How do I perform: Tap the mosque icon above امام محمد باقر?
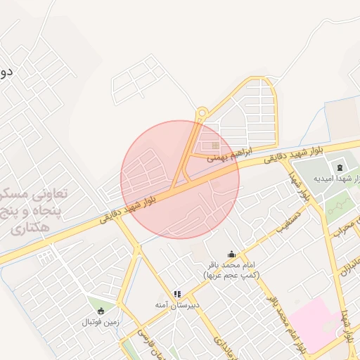(x=231, y=255)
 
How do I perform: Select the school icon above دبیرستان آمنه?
(x=177, y=294)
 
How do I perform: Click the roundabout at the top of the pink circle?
(x=202, y=112)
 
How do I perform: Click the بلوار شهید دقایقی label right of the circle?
(x=288, y=155)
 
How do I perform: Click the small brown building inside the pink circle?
(x=215, y=146)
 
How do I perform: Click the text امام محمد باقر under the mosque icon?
(x=231, y=265)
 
